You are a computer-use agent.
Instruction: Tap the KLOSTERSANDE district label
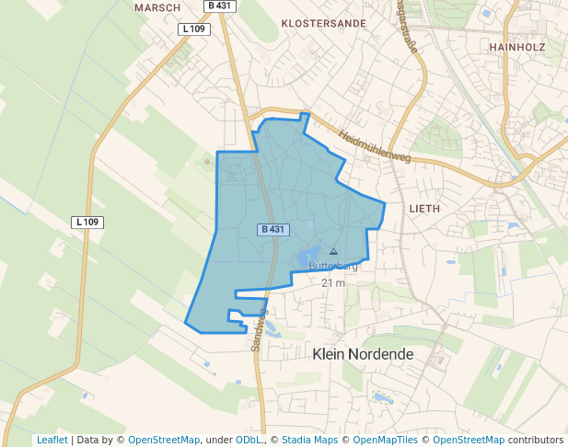(x=323, y=23)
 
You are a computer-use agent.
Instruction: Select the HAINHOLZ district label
(x=520, y=46)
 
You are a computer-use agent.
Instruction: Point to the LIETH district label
(x=424, y=209)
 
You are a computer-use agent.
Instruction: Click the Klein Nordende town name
(x=364, y=353)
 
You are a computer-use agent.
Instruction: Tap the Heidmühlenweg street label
(x=375, y=145)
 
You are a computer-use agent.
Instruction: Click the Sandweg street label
(x=259, y=330)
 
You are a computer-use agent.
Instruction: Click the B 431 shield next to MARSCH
(x=220, y=6)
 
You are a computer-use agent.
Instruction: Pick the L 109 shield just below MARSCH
(x=194, y=29)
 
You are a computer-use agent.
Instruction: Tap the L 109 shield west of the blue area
(x=87, y=223)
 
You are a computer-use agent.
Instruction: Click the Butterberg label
(x=333, y=267)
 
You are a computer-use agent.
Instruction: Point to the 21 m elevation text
(x=333, y=283)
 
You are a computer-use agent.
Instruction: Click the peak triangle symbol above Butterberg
(x=333, y=251)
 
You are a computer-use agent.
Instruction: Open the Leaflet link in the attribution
(x=52, y=440)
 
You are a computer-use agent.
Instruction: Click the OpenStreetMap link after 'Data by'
(x=164, y=440)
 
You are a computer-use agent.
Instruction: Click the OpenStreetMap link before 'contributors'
(x=469, y=440)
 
